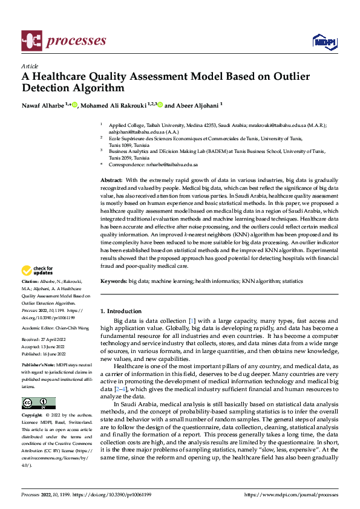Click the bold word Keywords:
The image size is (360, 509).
click(x=113, y=281)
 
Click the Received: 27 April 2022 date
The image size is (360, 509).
click(x=46, y=340)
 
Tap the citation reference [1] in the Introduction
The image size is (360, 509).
click(x=191, y=319)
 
